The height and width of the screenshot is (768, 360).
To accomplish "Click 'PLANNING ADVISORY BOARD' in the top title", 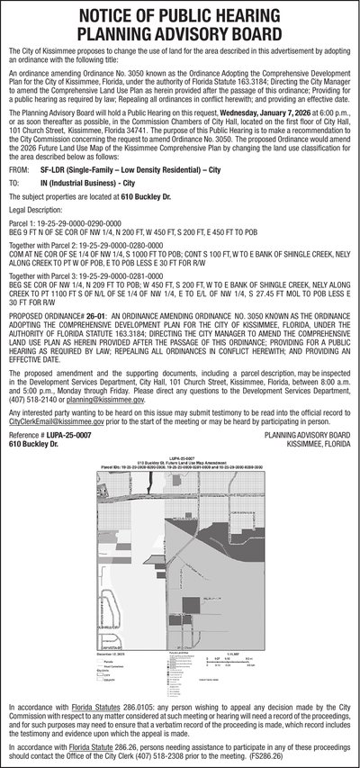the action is click(180, 35).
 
